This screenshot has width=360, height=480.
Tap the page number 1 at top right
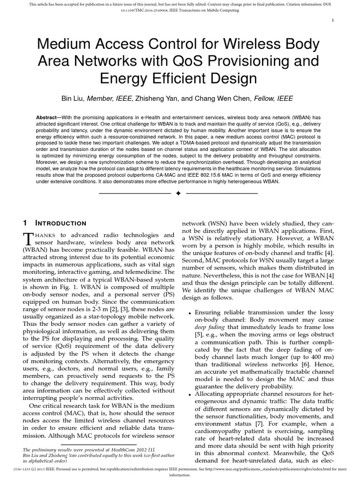[x=332, y=20]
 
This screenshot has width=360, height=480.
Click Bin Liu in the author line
[x=74, y=98]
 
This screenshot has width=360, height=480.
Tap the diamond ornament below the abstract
[x=178, y=193]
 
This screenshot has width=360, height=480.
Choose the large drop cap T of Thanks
[x=28, y=238]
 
